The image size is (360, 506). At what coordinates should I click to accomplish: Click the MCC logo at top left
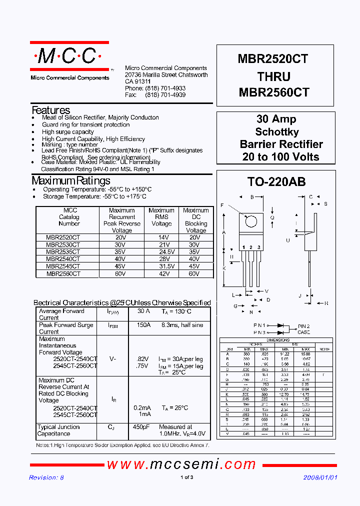click(69, 57)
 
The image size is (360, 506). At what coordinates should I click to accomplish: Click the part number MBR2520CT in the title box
click(273, 59)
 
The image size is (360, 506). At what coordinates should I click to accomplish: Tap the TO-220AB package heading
click(276, 182)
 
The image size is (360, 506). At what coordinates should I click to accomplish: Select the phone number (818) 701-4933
click(165, 88)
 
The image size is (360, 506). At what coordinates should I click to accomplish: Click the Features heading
click(51, 110)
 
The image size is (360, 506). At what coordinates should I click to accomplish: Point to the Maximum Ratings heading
click(70, 180)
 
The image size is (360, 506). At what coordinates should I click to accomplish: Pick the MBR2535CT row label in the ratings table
click(63, 252)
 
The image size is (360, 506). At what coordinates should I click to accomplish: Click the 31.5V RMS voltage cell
click(161, 266)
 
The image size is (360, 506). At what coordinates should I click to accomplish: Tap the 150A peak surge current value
click(143, 325)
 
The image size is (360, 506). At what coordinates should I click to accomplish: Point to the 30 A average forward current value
click(143, 311)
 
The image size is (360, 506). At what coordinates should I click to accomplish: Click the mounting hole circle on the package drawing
click(251, 221)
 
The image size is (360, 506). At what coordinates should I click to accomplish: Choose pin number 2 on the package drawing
click(251, 247)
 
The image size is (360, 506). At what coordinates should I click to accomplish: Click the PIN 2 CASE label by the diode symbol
click(303, 328)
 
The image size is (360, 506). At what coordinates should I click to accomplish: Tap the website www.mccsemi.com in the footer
click(181, 464)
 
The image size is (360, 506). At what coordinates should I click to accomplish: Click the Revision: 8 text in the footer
click(46, 477)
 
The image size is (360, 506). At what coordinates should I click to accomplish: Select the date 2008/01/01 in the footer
click(320, 477)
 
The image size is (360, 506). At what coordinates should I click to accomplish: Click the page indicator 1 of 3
click(186, 477)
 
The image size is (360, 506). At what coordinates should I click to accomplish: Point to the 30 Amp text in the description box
click(276, 119)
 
